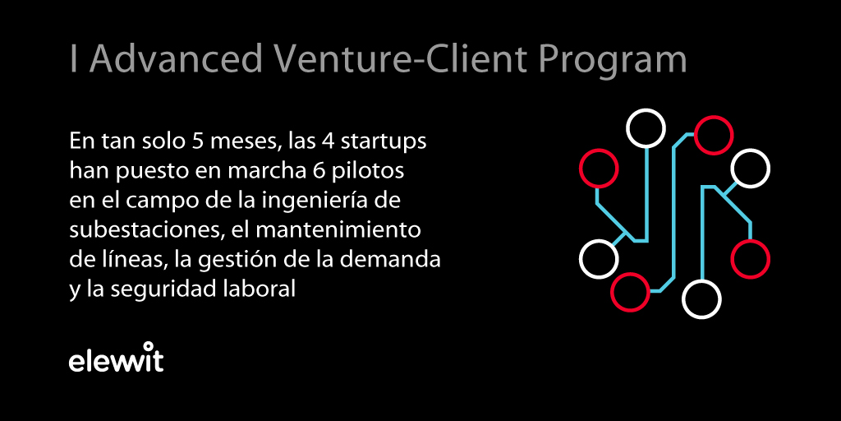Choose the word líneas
pos(122,261)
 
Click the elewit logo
pos(116,358)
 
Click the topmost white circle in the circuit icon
pos(646,128)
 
